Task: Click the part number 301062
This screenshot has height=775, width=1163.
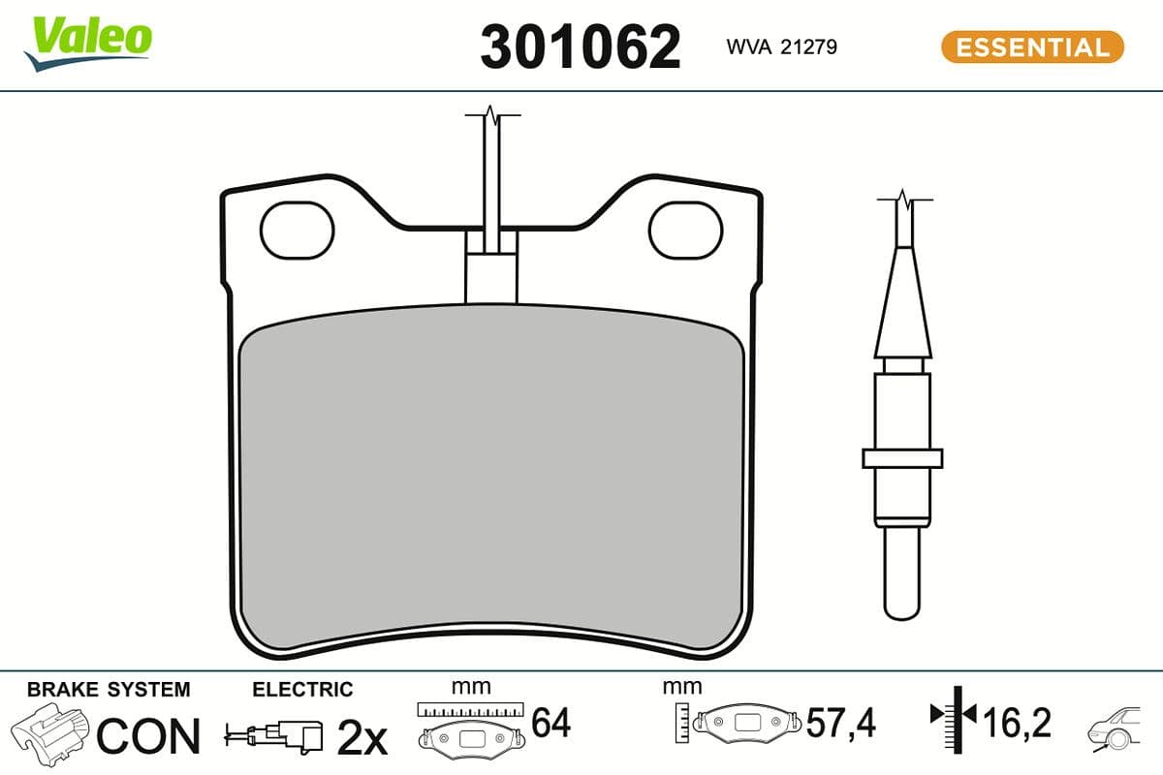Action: [x=581, y=46]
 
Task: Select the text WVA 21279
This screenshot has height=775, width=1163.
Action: [x=781, y=46]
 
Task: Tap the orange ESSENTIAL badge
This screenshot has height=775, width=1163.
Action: [x=1032, y=46]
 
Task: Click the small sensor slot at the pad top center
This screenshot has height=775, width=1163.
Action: [x=492, y=276]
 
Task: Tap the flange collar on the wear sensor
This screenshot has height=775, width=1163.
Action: [x=902, y=458]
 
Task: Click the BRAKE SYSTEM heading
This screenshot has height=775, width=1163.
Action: [x=109, y=690]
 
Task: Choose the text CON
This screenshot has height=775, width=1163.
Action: [x=148, y=736]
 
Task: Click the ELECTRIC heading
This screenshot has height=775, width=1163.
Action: [x=302, y=690]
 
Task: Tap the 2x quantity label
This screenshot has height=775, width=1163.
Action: [x=361, y=738]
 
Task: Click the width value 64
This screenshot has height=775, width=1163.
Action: [x=551, y=723]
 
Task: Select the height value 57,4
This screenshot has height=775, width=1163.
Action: [x=841, y=723]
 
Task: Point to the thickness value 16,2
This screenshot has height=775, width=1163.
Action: [x=1017, y=723]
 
